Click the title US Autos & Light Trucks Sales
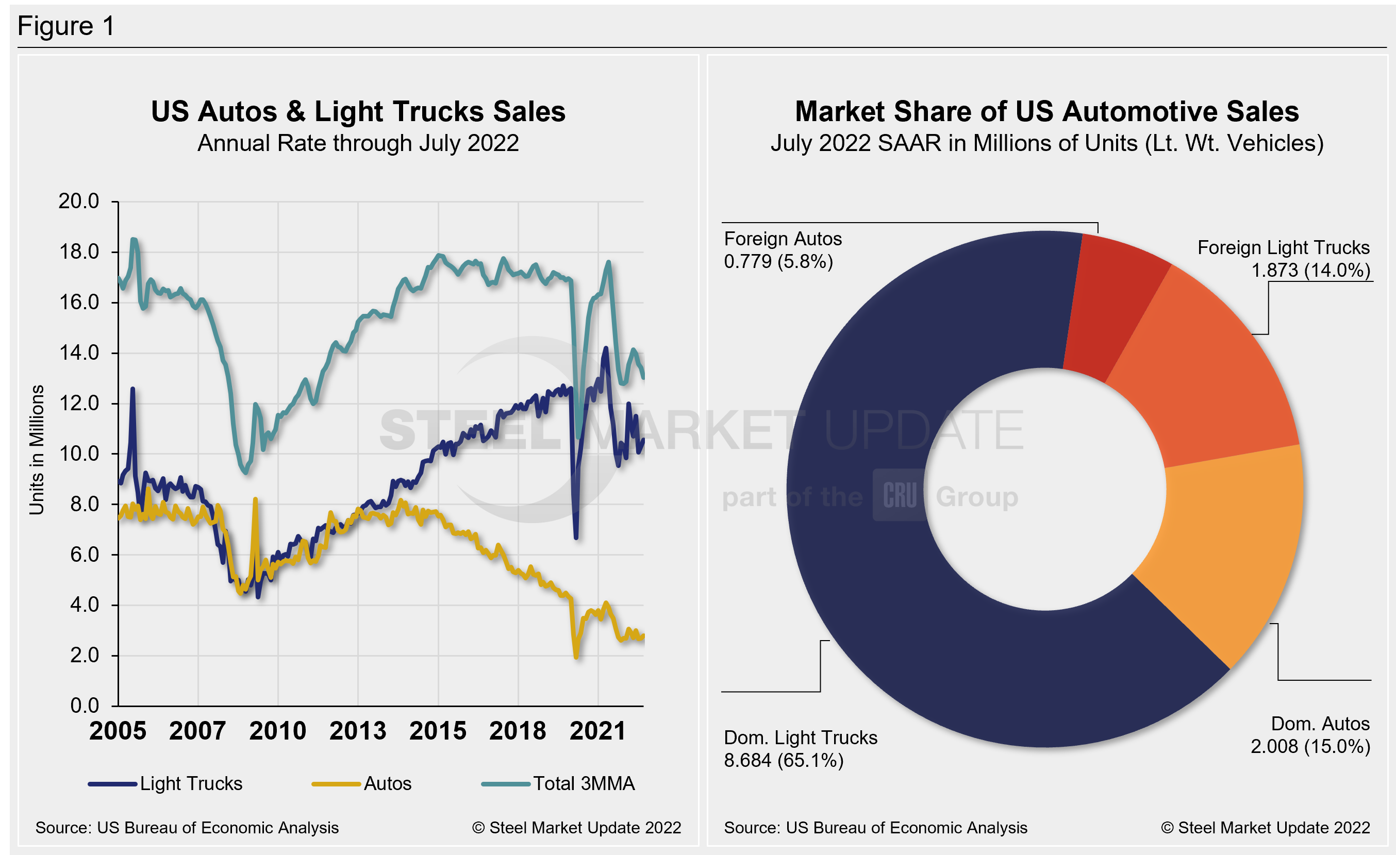(358, 111)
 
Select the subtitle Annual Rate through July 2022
(358, 143)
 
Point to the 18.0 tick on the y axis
(79, 252)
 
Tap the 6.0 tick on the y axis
(84, 555)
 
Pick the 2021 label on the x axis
(597, 730)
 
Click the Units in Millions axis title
(36, 450)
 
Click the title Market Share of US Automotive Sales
(1046, 111)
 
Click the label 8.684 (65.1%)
(784, 761)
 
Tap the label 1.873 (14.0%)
(1310, 270)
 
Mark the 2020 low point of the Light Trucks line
(576, 537)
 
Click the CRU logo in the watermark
(899, 495)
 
